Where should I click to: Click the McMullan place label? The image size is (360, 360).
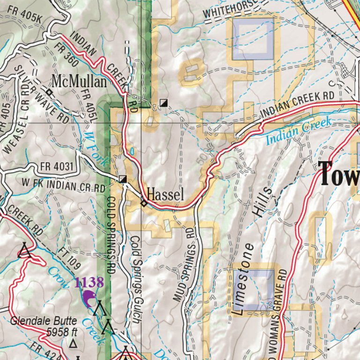coord(79,82)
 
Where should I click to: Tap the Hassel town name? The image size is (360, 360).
coord(165,195)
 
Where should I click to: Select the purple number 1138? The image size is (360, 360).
coord(89,282)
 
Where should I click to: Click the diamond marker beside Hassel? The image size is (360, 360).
coord(144,203)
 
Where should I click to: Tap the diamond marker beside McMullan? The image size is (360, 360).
coord(48,93)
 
